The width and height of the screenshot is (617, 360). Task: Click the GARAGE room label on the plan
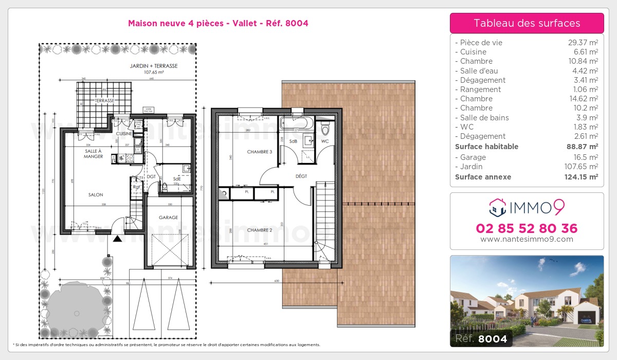pyautogui.click(x=168, y=218)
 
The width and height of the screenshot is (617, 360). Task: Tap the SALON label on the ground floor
pyautogui.click(x=95, y=195)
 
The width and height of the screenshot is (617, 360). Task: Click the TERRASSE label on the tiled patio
pyautogui.click(x=104, y=101)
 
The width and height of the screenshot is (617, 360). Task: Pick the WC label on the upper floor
pyautogui.click(x=325, y=141)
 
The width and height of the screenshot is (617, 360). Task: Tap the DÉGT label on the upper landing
pyautogui.click(x=301, y=176)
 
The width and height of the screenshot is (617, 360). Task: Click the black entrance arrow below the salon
pyautogui.click(x=118, y=239)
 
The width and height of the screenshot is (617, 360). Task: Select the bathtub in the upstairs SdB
pyautogui.click(x=294, y=123)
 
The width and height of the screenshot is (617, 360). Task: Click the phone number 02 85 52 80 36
pyautogui.click(x=527, y=228)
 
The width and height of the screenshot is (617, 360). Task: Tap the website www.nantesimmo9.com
pyautogui.click(x=527, y=239)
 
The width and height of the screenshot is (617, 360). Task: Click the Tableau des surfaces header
pyautogui.click(x=527, y=23)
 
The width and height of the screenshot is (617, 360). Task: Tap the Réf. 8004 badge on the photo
pyautogui.click(x=479, y=339)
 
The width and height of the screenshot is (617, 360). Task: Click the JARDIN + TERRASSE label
pyautogui.click(x=153, y=66)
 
